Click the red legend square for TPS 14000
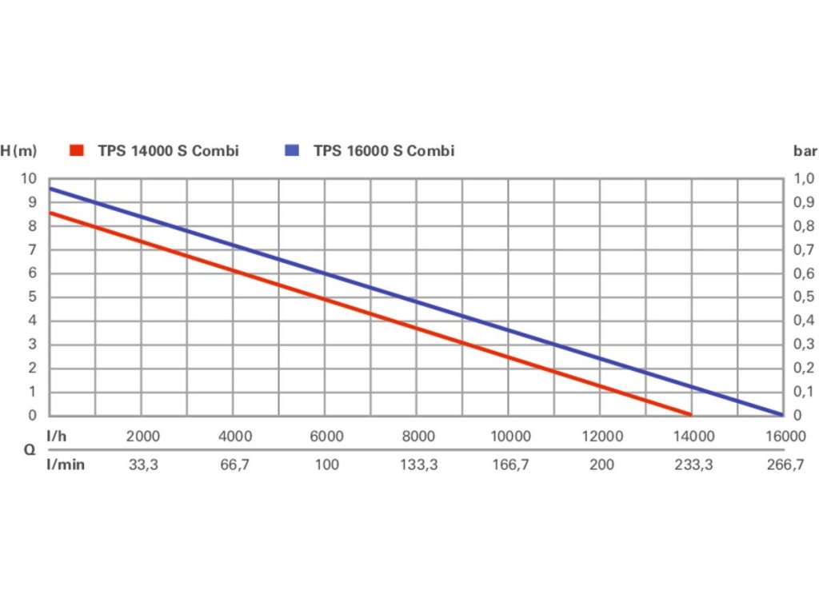click(x=77, y=150)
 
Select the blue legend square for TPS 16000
click(x=293, y=150)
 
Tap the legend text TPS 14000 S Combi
click(x=168, y=150)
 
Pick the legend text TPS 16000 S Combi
click(x=384, y=150)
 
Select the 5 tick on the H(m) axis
click(x=33, y=297)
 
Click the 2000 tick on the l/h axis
click(x=144, y=437)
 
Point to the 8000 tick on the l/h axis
click(x=418, y=437)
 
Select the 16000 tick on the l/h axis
click(x=784, y=437)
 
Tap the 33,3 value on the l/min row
click(x=144, y=465)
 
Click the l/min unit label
click(x=66, y=465)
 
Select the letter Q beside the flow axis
click(x=29, y=450)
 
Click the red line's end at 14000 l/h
click(x=689, y=413)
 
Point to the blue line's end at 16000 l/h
click(x=780, y=413)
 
